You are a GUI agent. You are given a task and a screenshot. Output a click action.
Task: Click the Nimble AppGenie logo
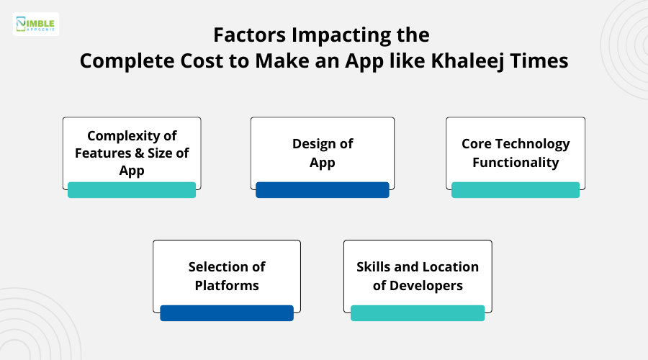[36, 24]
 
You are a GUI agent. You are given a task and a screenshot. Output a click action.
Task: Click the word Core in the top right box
[478, 143]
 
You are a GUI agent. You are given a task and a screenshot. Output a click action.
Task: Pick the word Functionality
[516, 162]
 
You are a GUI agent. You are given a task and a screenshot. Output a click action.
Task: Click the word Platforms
[227, 285]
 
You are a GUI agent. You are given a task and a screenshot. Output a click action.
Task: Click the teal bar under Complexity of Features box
[132, 189]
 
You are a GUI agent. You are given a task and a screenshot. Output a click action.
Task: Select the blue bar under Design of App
[323, 189]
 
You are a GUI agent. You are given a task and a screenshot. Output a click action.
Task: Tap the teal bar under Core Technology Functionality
[516, 189]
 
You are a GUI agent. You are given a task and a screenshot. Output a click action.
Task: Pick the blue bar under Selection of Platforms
[227, 312]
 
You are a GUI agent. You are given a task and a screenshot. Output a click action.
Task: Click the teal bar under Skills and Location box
[418, 312]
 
